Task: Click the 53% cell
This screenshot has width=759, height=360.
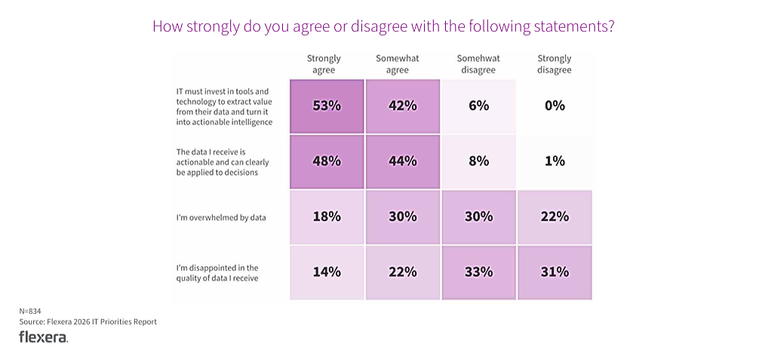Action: coord(327,106)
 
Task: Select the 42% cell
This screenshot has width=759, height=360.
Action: coord(403,106)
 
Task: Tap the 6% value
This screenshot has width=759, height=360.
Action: coord(478,106)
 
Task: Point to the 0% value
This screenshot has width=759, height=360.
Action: coord(555,106)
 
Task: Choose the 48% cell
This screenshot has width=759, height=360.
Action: coord(327,161)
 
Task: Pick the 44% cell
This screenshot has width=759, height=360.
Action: coord(403,161)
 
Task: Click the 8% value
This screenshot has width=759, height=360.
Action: coord(478,161)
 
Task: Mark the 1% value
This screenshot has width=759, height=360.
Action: coord(555,161)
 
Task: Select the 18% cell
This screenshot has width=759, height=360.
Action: coord(327,217)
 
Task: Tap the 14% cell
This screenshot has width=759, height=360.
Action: coord(327,272)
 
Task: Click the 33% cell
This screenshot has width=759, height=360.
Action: coord(478,272)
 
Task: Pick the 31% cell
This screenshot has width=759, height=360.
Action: coord(555,272)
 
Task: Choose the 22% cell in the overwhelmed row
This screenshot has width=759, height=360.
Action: coord(555,217)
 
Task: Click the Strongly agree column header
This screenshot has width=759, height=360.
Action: coord(324,64)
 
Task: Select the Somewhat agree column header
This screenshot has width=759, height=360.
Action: coord(398,64)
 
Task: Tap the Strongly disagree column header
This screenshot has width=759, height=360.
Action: coord(554,64)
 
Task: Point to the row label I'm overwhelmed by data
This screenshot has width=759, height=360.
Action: coord(217,217)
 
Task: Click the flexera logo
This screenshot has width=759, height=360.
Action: coord(43,337)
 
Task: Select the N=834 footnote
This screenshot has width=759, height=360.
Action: coord(30,311)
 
